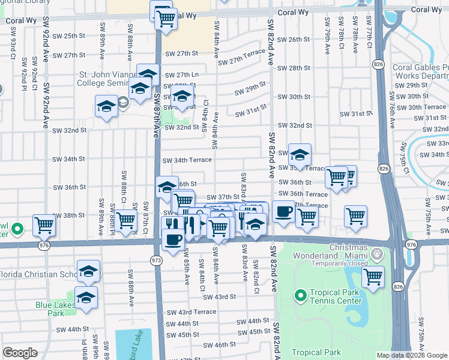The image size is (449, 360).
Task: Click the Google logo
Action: pyautogui.click(x=20, y=353)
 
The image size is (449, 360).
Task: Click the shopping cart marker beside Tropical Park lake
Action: pyautogui.click(x=373, y=277)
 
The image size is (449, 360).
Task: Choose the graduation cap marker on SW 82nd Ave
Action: pyautogui.click(x=299, y=155)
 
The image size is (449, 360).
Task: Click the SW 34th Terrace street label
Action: pyautogui.click(x=189, y=160)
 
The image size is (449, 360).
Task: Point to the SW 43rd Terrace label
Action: pyautogui.click(x=191, y=312)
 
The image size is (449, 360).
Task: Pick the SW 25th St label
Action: pyautogui.click(x=74, y=36)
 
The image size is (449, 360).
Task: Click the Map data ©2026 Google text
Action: pyautogui.click(x=412, y=355)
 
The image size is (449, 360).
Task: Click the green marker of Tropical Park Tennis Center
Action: pyautogui.click(x=300, y=295)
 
